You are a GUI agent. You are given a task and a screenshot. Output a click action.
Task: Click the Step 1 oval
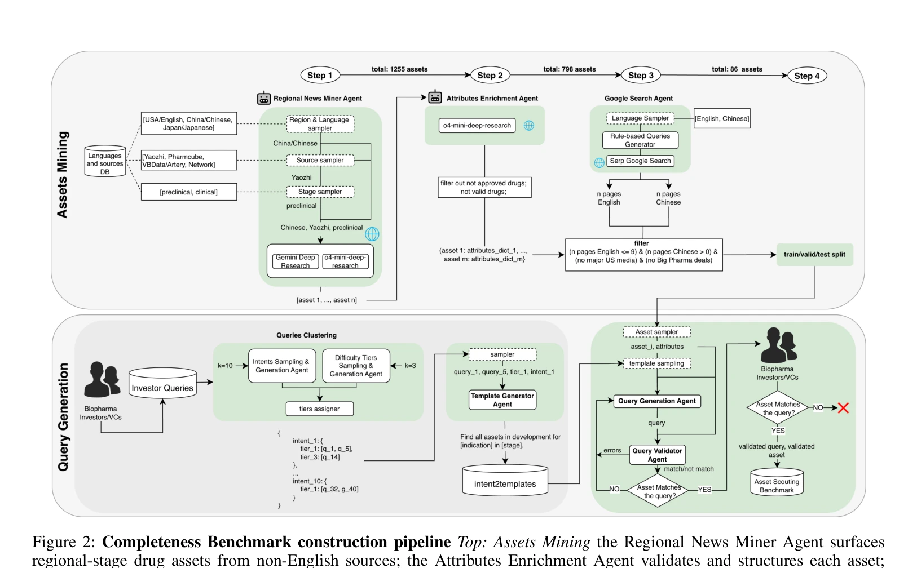[x=320, y=76]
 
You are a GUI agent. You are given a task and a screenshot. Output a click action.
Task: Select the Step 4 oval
[x=807, y=76]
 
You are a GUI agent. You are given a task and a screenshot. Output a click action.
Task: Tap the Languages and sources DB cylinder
[x=105, y=161]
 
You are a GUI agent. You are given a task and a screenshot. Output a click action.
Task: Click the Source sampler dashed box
[x=320, y=160]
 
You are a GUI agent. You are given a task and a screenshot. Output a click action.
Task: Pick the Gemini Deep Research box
[x=295, y=261]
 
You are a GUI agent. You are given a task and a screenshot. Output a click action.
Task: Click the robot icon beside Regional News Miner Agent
[x=263, y=98]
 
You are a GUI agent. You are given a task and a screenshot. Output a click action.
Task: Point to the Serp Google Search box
[x=640, y=161]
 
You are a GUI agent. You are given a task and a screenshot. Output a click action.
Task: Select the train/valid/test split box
[x=815, y=254]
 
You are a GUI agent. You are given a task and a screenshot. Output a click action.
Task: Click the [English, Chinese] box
[x=722, y=118]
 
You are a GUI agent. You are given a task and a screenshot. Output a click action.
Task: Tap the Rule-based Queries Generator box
[x=640, y=140]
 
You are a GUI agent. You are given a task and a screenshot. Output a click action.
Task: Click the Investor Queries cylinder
[x=162, y=383]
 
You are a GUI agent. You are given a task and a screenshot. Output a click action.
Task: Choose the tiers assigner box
[x=319, y=409]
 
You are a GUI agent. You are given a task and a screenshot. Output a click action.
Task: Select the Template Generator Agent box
[x=502, y=400]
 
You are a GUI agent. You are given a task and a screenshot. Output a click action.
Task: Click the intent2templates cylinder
[x=505, y=480]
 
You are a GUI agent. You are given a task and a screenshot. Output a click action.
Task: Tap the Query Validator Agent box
[x=657, y=455]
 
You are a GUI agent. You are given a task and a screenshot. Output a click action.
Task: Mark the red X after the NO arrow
[x=843, y=408]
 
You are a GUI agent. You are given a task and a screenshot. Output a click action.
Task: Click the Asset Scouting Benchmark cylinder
[x=777, y=482]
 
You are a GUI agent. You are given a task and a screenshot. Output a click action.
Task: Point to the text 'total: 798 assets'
[x=570, y=69]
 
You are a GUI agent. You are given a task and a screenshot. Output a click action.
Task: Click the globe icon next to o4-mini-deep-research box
[x=529, y=126]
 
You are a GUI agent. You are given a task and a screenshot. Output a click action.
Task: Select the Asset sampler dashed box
[x=656, y=332]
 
